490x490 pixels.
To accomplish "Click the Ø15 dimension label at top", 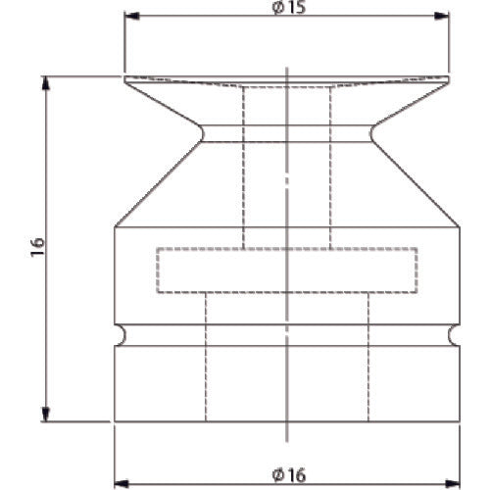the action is [289, 7].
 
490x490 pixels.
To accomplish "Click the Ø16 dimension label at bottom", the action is [289, 475].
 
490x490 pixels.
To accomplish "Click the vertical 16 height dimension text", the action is [37, 247].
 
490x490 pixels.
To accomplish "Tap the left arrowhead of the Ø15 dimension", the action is [132, 16].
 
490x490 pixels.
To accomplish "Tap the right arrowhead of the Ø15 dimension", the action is [441, 16].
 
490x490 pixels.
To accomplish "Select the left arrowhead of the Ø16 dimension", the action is [122, 483].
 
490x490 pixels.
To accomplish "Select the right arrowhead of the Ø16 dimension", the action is [453, 483].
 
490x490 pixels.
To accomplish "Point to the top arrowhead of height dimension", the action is [46, 83].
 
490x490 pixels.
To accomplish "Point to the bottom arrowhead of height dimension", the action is [46, 414].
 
